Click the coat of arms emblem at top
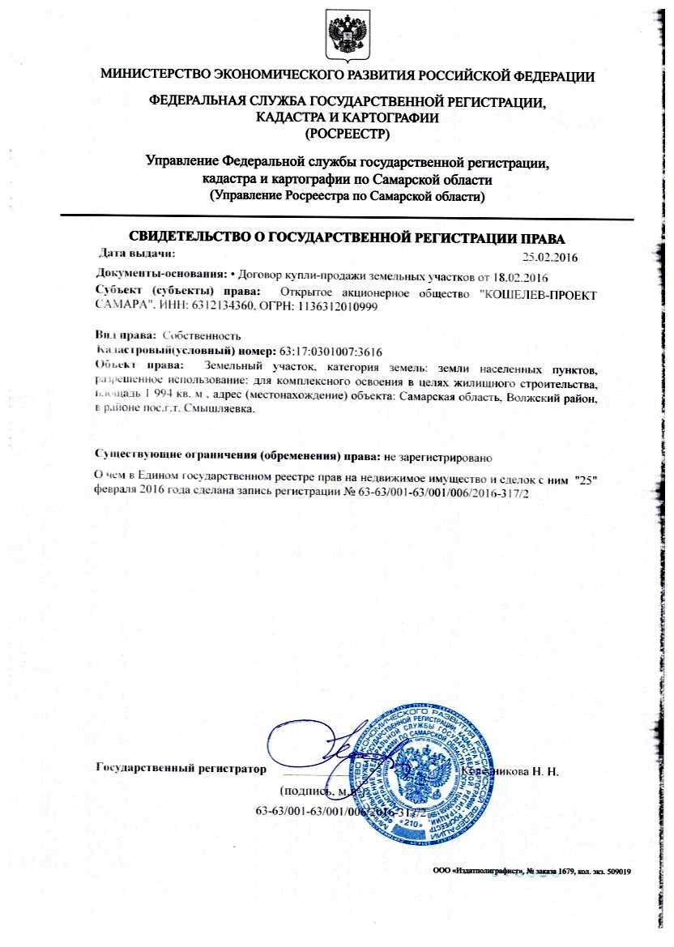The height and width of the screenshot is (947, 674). pyautogui.click(x=348, y=34)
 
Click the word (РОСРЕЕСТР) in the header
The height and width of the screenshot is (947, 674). pyautogui.click(x=347, y=132)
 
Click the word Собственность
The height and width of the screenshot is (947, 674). pyautogui.click(x=202, y=335)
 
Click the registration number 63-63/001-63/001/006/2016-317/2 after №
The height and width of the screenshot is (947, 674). pyautogui.click(x=442, y=491)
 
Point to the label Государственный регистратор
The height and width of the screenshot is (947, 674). pyautogui.click(x=180, y=767)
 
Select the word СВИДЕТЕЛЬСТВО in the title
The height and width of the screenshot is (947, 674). pyautogui.click(x=198, y=238)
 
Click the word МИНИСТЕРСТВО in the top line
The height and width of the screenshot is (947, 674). pyautogui.click(x=154, y=76)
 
